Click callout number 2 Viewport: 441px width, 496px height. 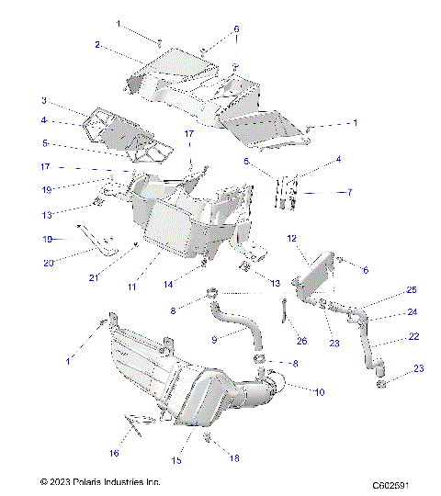point(97,44)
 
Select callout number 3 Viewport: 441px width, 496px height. point(43,100)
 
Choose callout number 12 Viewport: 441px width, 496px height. point(290,240)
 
